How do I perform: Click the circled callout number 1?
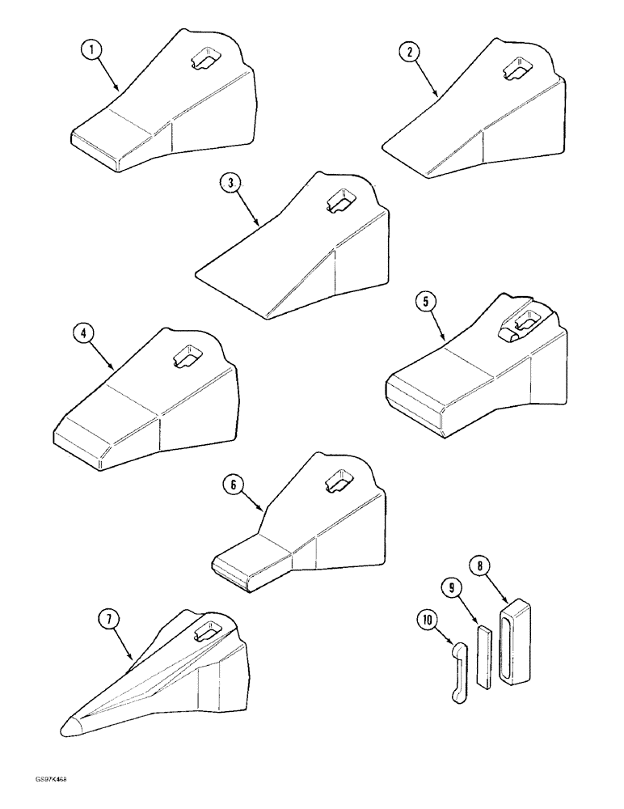(x=95, y=49)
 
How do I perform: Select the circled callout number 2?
(x=410, y=53)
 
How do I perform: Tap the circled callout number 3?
(x=230, y=184)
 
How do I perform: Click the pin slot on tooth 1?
(x=204, y=59)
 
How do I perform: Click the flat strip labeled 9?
(x=483, y=654)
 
